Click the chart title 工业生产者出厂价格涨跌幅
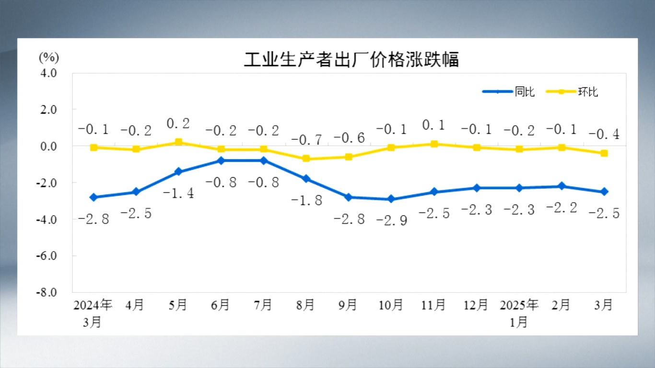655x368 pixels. coord(351,60)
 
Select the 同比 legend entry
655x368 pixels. coord(525,92)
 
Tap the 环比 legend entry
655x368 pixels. coord(588,92)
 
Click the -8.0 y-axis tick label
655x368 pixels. coord(47,292)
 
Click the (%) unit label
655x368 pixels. coord(48,57)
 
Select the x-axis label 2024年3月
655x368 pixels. coord(93,313)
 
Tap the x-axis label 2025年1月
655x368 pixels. coord(519,313)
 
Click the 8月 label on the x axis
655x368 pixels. coord(305,305)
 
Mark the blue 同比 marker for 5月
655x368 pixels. coord(178,172)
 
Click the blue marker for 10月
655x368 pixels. coord(391,199)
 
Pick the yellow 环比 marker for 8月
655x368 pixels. coord(306,159)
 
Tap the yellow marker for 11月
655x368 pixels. coord(434,144)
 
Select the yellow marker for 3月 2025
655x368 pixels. coord(604,153)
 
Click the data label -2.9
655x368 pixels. coord(391,220)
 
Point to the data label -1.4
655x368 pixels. coord(178,193)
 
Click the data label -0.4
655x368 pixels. coord(604,134)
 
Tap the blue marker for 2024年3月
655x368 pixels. coord(94,197)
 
